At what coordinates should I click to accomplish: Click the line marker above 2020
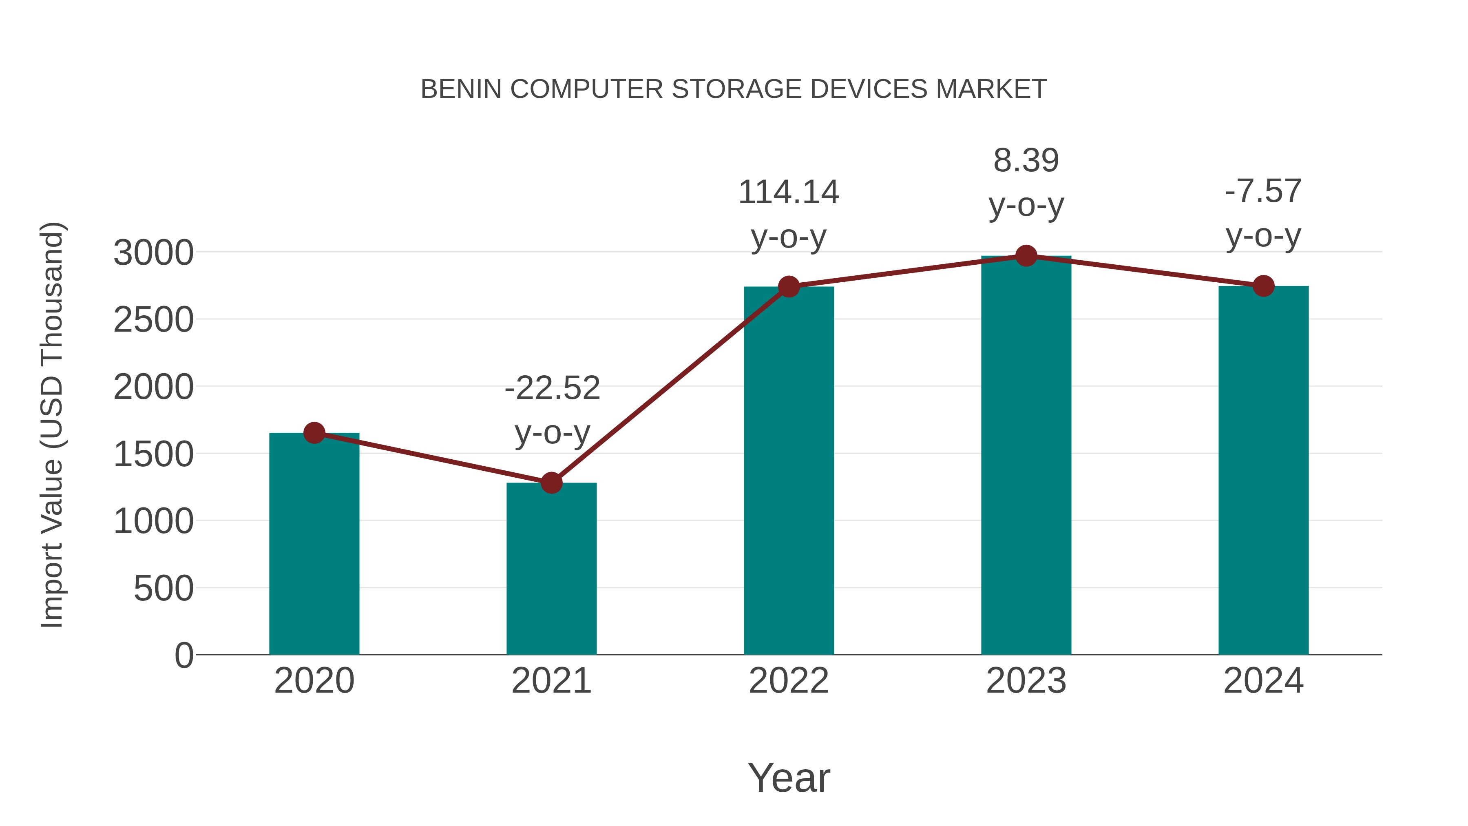tap(314, 433)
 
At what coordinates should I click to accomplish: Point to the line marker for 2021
tap(551, 483)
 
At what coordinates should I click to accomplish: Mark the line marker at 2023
tap(1026, 256)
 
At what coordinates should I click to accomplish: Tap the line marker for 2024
tap(1263, 286)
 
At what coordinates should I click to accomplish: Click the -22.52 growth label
tap(552, 388)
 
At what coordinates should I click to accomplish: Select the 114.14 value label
tap(789, 192)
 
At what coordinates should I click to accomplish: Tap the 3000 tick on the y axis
tap(153, 252)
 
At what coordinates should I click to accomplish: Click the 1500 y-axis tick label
tap(153, 454)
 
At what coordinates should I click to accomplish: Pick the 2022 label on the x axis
tap(789, 681)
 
